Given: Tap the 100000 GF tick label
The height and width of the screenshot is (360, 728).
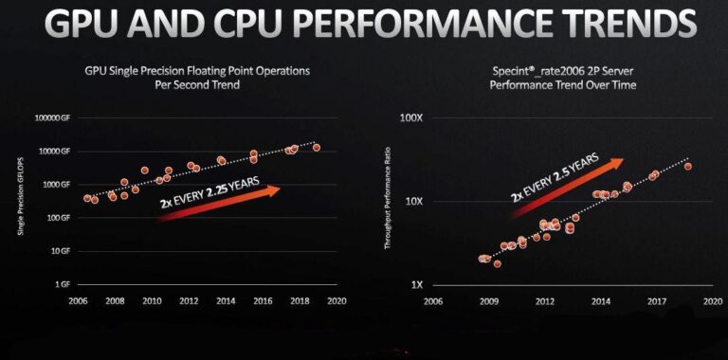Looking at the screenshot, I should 52,118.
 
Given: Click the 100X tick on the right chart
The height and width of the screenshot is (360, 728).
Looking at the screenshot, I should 413,118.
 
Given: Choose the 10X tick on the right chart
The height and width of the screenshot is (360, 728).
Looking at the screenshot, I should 416,202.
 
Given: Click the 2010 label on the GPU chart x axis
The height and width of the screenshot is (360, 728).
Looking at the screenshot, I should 152,300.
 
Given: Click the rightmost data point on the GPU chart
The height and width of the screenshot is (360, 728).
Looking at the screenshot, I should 317,147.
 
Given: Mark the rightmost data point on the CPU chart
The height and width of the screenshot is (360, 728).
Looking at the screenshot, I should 687,167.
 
